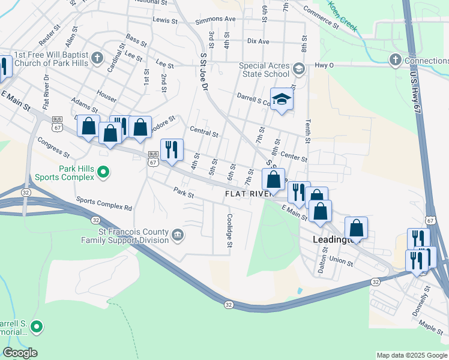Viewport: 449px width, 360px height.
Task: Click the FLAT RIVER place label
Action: click(x=250, y=194)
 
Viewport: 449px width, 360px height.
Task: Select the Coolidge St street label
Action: click(x=229, y=231)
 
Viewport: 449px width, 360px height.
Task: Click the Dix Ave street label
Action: click(x=258, y=41)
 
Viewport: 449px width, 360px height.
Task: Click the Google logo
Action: click(x=20, y=353)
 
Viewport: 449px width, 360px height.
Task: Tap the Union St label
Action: click(x=341, y=262)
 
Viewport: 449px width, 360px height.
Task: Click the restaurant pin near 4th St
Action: click(x=172, y=150)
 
